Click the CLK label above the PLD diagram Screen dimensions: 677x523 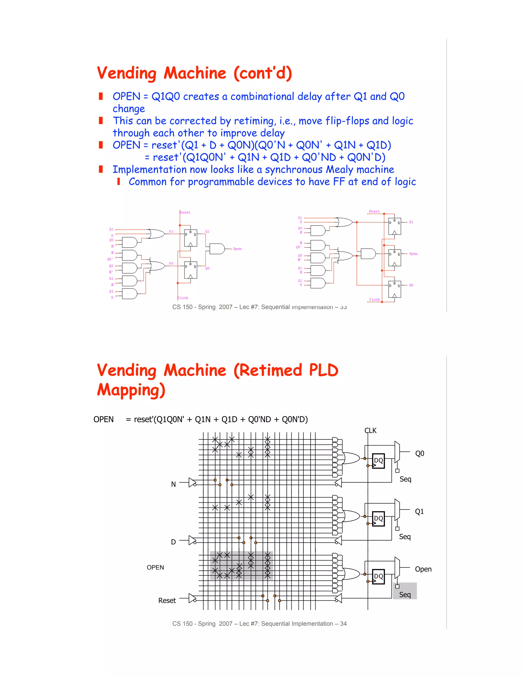(x=370, y=430)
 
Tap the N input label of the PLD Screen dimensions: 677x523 (x=173, y=484)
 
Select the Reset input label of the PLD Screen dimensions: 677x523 (x=167, y=600)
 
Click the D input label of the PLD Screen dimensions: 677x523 (x=173, y=542)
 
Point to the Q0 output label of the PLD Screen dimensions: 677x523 (x=420, y=453)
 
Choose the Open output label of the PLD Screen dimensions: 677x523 (x=423, y=569)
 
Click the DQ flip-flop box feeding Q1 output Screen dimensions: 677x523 (x=378, y=519)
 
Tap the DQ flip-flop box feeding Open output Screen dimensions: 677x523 (x=378, y=576)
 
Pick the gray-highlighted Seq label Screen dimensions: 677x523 (x=405, y=594)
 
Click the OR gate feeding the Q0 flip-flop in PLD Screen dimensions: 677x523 (x=351, y=458)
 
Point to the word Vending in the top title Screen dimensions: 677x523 (x=127, y=74)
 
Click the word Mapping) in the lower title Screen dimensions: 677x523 (x=131, y=390)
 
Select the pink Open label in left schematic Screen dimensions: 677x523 (x=237, y=249)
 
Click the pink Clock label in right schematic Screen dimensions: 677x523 (x=374, y=299)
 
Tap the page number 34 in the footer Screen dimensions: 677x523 (x=343, y=624)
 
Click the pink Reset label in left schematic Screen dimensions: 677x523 (x=185, y=212)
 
